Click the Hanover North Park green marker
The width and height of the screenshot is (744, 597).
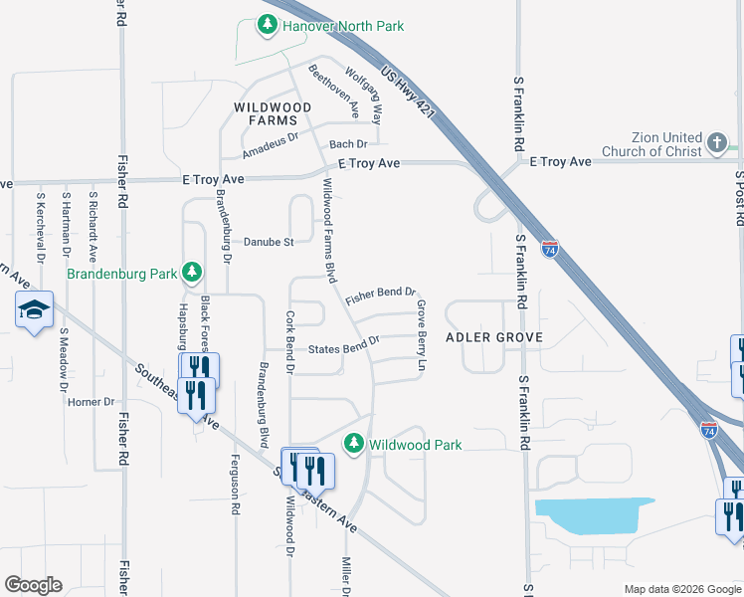[267, 26]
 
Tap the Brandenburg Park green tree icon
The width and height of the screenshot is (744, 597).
[194, 273]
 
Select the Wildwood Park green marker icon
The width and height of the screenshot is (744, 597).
[353, 444]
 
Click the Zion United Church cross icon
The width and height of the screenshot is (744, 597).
[717, 143]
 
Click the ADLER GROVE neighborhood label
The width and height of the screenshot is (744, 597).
[494, 337]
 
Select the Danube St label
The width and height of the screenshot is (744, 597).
[271, 242]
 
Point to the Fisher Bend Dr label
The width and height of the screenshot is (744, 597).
[379, 296]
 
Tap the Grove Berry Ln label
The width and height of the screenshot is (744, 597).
[422, 336]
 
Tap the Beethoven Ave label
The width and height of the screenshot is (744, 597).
[334, 88]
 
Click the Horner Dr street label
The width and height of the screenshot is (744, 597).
[92, 402]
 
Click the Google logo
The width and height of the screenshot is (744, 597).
[33, 585]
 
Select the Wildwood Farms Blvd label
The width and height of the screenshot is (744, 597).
[327, 230]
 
